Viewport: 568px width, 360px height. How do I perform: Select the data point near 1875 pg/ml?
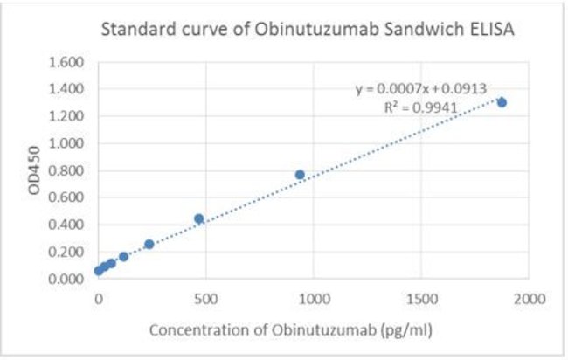point(502,102)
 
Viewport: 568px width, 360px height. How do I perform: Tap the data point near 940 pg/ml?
point(300,175)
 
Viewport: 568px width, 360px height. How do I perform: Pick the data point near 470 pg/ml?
point(198,218)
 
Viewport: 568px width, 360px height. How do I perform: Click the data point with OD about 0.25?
point(149,245)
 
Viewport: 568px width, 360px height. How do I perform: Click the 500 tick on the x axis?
point(206,299)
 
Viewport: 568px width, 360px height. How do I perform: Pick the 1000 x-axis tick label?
point(314,299)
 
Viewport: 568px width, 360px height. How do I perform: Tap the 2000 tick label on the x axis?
point(529,299)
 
